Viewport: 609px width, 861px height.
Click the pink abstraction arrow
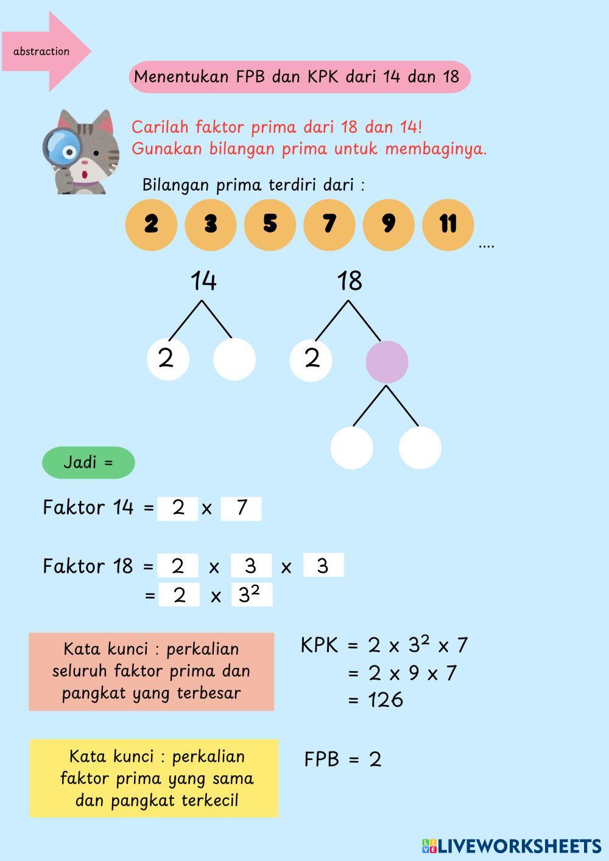(46, 51)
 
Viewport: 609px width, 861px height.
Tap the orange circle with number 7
(329, 225)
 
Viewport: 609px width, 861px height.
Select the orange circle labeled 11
(448, 225)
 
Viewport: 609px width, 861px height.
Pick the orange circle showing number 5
(270, 225)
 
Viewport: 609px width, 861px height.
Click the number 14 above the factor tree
(203, 281)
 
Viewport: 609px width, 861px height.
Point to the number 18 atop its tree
(350, 281)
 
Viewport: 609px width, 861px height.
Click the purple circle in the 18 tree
(387, 362)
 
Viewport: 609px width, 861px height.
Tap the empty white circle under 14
(234, 359)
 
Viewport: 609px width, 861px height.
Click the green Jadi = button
(88, 462)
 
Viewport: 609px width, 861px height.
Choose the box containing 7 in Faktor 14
(241, 508)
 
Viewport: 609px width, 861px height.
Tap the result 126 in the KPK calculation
(385, 700)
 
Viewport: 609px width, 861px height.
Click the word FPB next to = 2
(322, 759)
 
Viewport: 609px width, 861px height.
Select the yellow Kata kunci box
(153, 778)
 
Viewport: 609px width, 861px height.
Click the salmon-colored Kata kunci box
(151, 671)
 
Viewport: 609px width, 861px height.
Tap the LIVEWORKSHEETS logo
(511, 846)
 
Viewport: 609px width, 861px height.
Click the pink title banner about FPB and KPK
(300, 77)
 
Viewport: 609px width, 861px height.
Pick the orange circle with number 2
(151, 225)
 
